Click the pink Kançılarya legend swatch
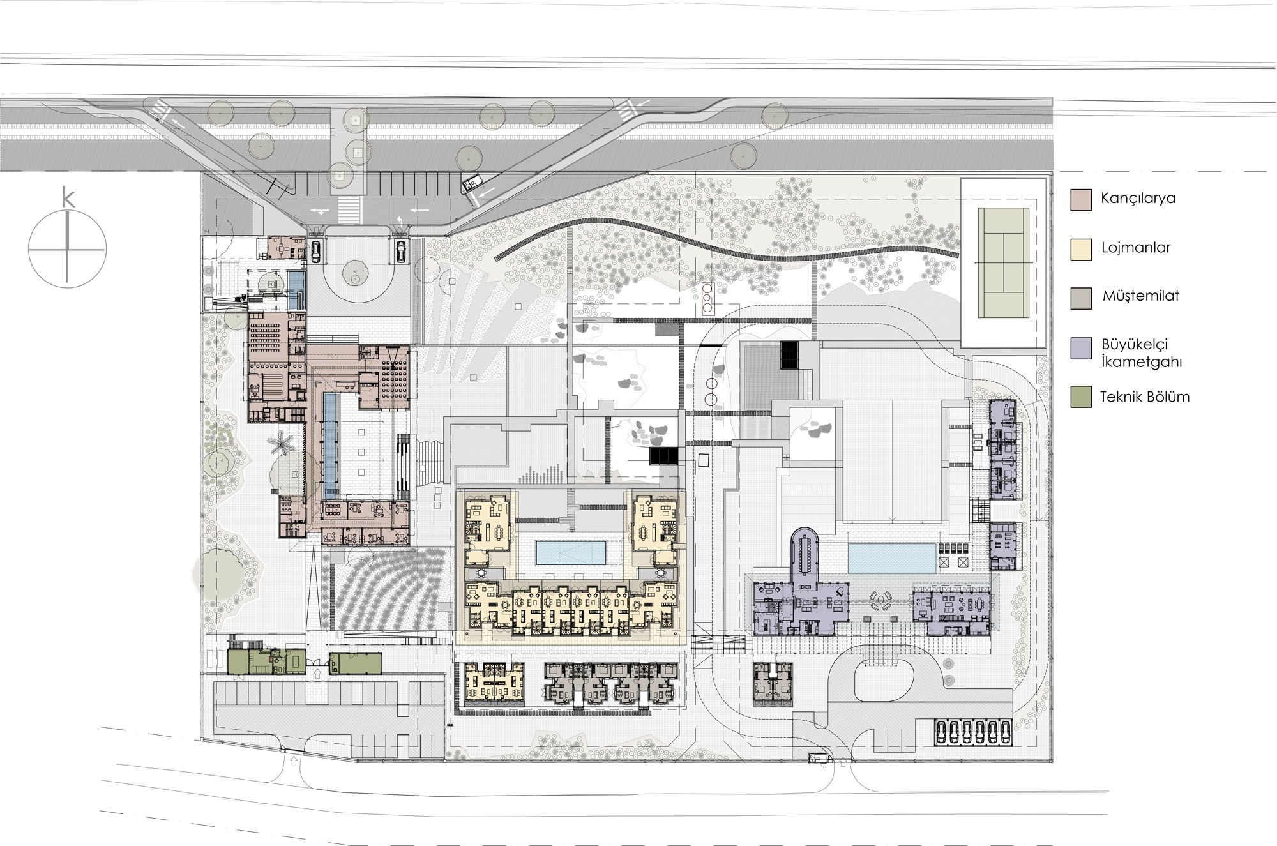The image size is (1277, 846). [1081, 199]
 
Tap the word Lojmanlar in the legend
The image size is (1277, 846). [1136, 248]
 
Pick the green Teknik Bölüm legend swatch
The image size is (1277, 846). [1081, 397]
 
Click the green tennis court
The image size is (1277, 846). [1003, 262]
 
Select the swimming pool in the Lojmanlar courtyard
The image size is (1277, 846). [571, 553]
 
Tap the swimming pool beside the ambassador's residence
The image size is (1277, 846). [892, 559]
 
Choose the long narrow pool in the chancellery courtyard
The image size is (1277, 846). [330, 445]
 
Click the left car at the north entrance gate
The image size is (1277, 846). [315, 251]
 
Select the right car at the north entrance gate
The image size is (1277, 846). [401, 251]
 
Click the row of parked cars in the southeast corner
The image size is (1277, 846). [974, 732]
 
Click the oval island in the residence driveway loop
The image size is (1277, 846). [884, 683]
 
